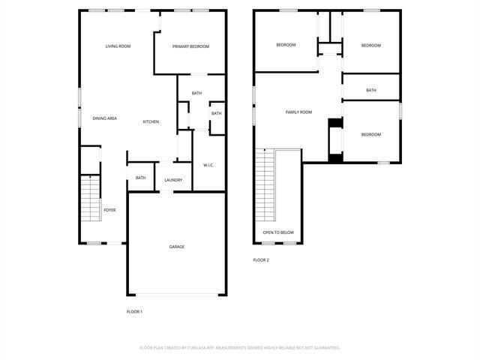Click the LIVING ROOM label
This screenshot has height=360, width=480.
118,46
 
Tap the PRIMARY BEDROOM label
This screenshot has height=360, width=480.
190,46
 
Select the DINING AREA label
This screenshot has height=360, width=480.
104,118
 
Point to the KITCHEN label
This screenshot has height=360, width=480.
151,121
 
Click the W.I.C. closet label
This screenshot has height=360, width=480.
209,165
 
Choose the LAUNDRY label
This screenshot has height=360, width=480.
173,180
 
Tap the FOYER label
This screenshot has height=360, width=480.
109,210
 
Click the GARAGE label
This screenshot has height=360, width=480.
176,247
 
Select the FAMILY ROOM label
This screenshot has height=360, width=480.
298,112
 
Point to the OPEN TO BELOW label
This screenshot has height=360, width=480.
278,232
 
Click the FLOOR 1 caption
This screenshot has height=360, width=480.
134,311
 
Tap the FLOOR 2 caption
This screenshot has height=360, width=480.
260,260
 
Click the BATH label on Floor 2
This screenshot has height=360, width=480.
371,91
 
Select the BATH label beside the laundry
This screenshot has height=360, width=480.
140,178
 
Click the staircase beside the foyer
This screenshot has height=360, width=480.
90,198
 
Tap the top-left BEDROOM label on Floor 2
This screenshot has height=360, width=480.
286,45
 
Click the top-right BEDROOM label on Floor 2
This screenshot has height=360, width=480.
371,45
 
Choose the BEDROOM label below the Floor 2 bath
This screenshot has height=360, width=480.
371,135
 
